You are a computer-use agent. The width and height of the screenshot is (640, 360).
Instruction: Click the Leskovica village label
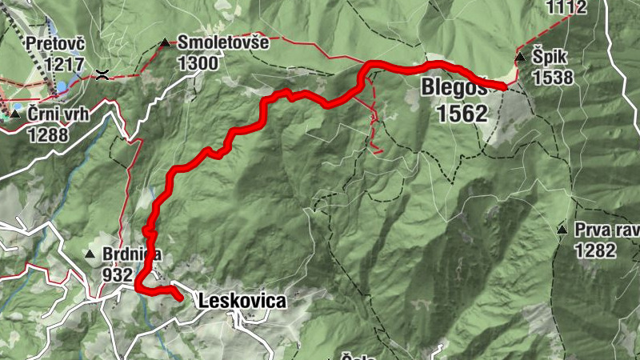click(x=241, y=302)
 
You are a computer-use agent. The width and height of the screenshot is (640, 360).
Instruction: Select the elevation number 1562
click(x=462, y=114)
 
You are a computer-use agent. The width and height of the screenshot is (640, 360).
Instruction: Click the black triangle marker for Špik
click(x=520, y=57)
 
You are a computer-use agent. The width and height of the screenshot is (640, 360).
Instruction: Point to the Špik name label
click(x=552, y=58)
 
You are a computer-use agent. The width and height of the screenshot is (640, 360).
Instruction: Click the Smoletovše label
click(x=223, y=42)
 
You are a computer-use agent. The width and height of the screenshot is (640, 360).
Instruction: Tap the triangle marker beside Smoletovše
click(x=165, y=42)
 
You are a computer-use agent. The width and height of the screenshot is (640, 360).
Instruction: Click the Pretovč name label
click(x=54, y=42)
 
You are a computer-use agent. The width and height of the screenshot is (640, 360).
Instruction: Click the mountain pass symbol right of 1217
click(x=102, y=75)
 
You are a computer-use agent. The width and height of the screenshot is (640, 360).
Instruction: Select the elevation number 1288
click(x=50, y=135)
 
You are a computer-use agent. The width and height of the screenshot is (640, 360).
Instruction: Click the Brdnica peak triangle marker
click(x=90, y=254)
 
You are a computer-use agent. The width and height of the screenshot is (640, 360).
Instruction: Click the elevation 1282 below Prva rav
click(x=594, y=250)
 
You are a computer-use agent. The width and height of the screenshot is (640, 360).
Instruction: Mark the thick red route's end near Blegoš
click(x=504, y=86)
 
